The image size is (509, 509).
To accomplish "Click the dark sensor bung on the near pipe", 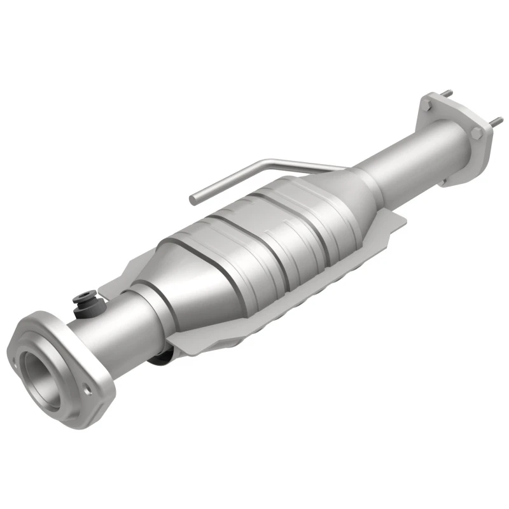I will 83,297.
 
